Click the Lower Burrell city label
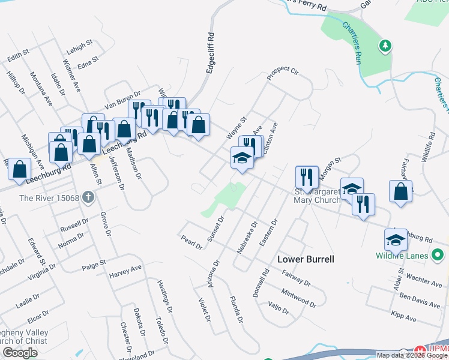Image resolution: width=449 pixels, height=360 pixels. (x=305, y=259)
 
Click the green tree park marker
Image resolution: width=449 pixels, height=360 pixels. (x=385, y=46)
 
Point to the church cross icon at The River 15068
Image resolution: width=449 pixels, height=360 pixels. (x=88, y=197)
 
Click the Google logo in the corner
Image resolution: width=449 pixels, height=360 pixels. (x=20, y=353)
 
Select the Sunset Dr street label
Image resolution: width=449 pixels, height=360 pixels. (x=215, y=229)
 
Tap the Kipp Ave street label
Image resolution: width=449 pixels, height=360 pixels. (x=403, y=316)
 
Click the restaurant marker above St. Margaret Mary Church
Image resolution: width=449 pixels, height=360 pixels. (x=307, y=177)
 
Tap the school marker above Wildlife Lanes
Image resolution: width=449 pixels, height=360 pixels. (x=396, y=239)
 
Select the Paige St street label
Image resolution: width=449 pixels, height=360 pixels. (x=94, y=263)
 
